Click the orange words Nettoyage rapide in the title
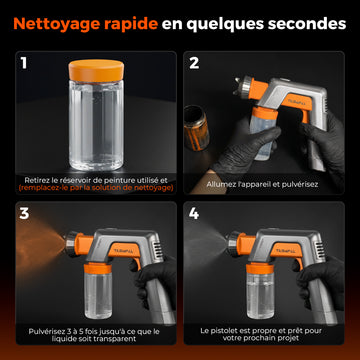tap(86, 24)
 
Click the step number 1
tap(24, 63)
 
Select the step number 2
tap(194, 63)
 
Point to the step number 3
tap(24, 214)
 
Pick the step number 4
tap(194, 214)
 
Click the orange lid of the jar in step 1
tap(96, 71)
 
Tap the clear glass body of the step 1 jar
tap(96, 125)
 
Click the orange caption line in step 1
tap(96, 188)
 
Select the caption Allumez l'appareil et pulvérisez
tap(262, 184)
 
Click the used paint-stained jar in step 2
tap(196, 128)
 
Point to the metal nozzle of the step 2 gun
tap(244, 87)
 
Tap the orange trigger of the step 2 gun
tap(305, 116)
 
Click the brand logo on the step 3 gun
tap(122, 251)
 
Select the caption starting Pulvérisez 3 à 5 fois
tap(94, 335)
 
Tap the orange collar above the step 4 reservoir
tap(260, 268)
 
